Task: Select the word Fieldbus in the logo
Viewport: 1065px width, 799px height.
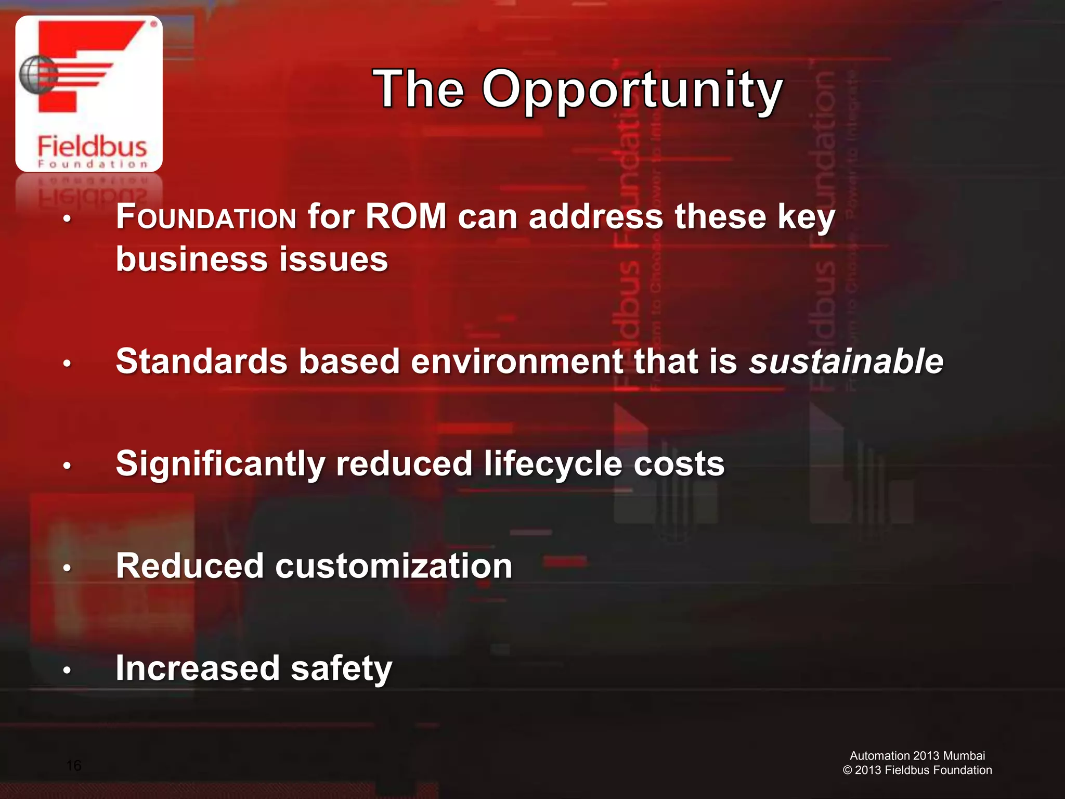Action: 92,146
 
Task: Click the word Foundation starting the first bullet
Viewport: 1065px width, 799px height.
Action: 206,217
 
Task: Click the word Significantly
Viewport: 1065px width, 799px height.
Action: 220,464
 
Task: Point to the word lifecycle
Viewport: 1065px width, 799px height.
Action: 553,464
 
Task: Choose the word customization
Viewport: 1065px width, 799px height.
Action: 394,566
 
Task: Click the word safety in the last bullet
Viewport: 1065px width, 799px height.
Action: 341,668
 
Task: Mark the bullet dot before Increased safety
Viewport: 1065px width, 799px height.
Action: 67,671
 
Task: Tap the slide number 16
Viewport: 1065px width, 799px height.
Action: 74,765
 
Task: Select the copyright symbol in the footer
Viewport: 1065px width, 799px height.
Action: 847,770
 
